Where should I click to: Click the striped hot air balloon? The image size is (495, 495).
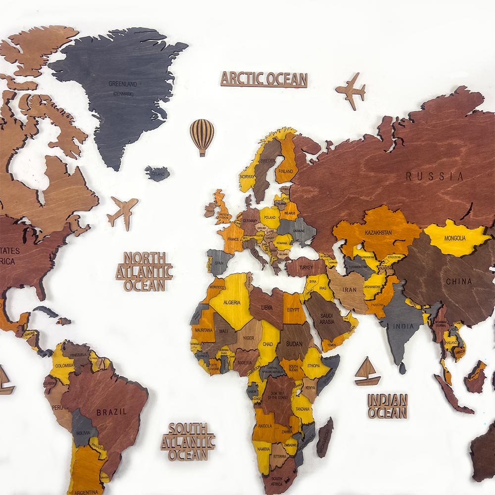pyautogui.click(x=202, y=135)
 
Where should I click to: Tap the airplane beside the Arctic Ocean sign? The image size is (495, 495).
pyautogui.click(x=351, y=90)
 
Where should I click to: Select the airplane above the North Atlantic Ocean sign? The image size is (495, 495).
pyautogui.click(x=122, y=211)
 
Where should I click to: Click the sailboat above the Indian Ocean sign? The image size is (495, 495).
pyautogui.click(x=367, y=372)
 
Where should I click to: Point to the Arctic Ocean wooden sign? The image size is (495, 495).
pyautogui.click(x=264, y=79)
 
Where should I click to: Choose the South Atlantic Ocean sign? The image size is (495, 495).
pyautogui.click(x=188, y=442)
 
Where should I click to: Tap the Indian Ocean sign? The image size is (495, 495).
pyautogui.click(x=388, y=406)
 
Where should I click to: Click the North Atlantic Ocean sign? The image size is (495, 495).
pyautogui.click(x=144, y=271)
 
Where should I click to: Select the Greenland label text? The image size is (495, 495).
pyautogui.click(x=122, y=84)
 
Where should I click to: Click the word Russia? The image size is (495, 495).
pyautogui.click(x=435, y=176)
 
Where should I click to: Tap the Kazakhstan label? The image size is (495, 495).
pyautogui.click(x=378, y=232)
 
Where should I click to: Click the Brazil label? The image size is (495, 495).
pyautogui.click(x=111, y=412)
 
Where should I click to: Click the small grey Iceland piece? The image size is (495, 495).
pyautogui.click(x=157, y=174)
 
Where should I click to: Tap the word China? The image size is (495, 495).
pyautogui.click(x=459, y=282)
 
